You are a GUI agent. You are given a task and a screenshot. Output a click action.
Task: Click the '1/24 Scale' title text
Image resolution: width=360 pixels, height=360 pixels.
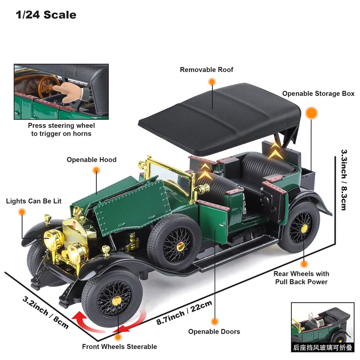[x=46, y=15]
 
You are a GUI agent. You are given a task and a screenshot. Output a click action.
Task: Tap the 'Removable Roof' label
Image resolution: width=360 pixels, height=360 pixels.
[x=206, y=70]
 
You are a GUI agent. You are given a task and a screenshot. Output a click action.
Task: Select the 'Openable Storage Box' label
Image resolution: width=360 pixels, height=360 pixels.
[x=318, y=94]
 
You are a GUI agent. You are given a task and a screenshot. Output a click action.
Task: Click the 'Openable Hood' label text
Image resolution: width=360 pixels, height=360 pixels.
[x=91, y=160]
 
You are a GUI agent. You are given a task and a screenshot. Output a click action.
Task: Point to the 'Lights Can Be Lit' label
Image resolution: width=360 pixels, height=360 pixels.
[x=34, y=201]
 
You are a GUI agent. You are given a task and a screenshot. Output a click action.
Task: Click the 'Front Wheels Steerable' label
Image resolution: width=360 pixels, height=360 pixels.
[x=119, y=346]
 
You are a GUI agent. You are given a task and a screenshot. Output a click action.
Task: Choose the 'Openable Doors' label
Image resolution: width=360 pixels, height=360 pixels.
[x=214, y=331]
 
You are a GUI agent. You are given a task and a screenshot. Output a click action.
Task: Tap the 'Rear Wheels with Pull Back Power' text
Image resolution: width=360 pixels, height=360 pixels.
[x=301, y=278]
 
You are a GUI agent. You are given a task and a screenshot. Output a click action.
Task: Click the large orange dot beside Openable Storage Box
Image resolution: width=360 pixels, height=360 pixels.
[x=311, y=113]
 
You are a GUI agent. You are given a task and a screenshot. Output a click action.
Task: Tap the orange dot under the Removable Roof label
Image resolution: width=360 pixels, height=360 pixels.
[x=212, y=82]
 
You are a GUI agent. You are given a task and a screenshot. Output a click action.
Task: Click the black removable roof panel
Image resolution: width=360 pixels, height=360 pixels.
[x=221, y=116]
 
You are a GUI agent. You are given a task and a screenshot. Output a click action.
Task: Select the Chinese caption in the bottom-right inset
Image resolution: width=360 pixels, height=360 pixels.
[x=322, y=348]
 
